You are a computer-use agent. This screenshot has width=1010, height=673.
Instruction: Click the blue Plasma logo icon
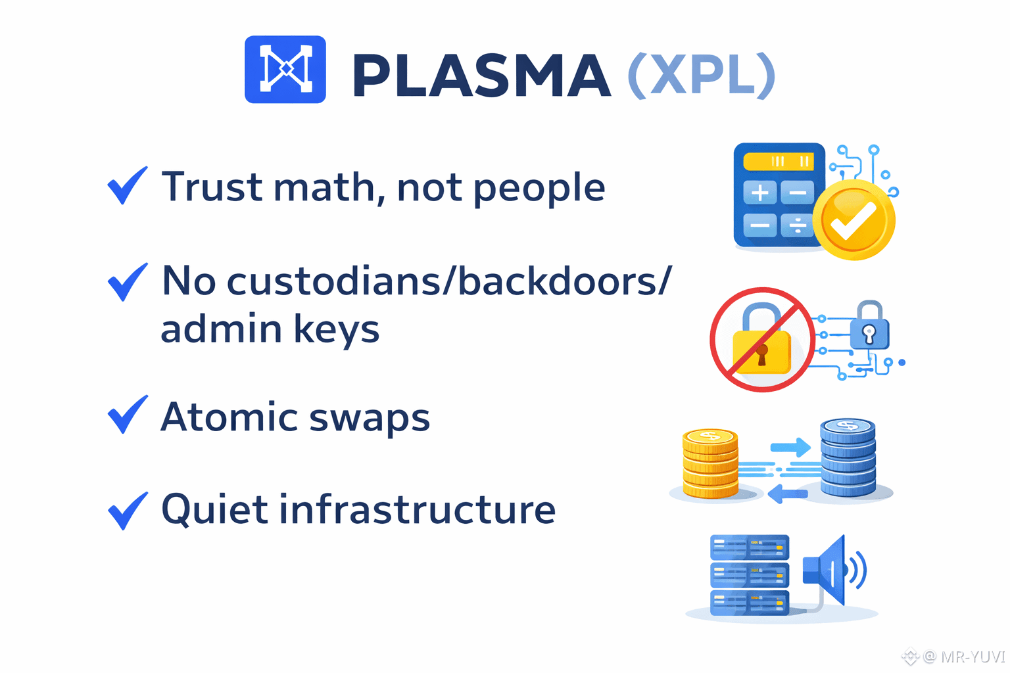[285, 69]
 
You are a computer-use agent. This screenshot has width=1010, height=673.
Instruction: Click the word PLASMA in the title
[481, 76]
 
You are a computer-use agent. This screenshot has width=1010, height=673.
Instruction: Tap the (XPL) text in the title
[701, 76]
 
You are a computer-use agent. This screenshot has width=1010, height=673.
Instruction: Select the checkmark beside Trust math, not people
[127, 185]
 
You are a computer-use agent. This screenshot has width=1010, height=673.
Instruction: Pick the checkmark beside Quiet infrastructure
[127, 510]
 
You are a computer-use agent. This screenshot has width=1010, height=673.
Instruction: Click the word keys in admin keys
[336, 329]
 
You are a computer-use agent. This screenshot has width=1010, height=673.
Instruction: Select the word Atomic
[229, 417]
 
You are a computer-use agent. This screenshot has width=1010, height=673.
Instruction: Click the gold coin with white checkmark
[854, 220]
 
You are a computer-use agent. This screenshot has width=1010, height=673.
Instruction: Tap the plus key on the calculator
[759, 193]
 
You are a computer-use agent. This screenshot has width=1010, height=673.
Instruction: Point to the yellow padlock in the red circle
[762, 346]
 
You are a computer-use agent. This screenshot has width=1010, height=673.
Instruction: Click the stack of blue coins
[848, 458]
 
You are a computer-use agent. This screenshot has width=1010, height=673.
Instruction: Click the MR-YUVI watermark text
[972, 657]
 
